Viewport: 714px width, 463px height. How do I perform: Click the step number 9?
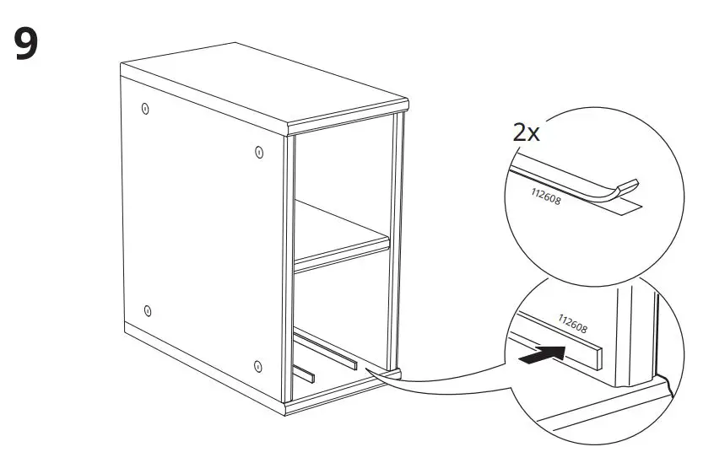[x=25, y=44]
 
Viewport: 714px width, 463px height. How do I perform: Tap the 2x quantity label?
[x=527, y=132]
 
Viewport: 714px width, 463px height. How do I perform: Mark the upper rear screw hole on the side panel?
[x=145, y=109]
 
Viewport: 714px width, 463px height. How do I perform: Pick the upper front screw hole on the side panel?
[x=258, y=152]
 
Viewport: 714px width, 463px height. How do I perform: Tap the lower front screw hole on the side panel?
[x=258, y=367]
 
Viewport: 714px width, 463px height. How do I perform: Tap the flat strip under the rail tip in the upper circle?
[x=625, y=203]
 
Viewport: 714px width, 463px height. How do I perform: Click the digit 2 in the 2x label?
[x=520, y=132]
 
